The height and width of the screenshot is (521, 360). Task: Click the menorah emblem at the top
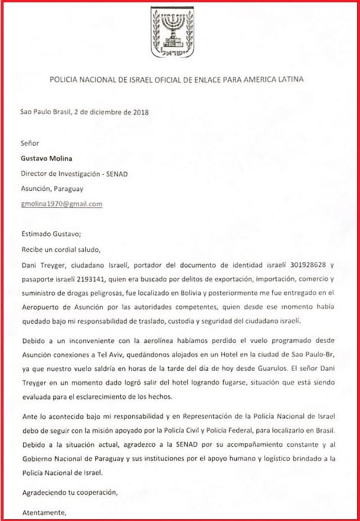click(x=172, y=32)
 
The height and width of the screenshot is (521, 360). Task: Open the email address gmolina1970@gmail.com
click(x=62, y=204)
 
